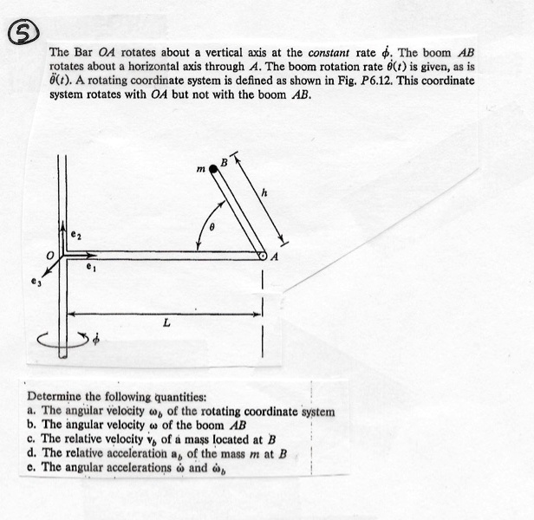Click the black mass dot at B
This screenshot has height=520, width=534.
point(214,170)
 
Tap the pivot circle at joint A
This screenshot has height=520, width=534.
point(262,255)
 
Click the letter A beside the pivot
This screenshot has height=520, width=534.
point(275,257)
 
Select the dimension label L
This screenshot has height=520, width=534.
point(165,323)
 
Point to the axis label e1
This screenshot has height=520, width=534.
point(89,270)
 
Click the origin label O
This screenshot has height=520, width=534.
point(51,254)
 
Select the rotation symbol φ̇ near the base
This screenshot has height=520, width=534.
point(96,340)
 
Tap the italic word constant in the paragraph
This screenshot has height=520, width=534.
point(335,52)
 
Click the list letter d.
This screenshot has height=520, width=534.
point(32,452)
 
